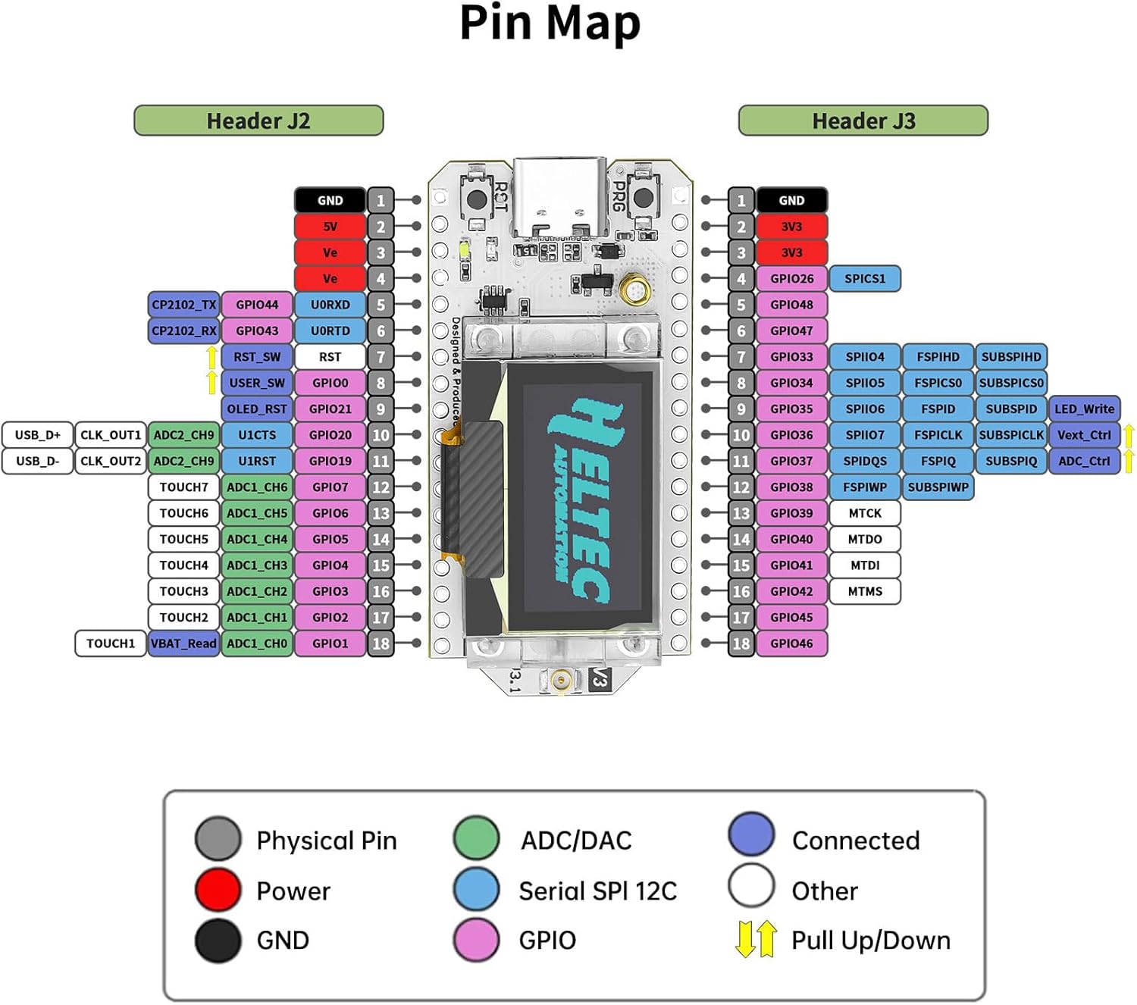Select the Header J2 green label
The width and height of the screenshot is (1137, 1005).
(x=258, y=121)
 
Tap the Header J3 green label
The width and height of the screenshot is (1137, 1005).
(x=863, y=121)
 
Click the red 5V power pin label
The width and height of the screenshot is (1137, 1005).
(x=330, y=227)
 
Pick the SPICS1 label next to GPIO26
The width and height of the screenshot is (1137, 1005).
(x=865, y=279)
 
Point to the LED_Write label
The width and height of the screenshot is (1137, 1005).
(x=1084, y=409)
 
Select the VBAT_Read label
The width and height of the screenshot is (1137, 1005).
(x=183, y=643)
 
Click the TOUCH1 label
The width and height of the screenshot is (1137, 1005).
(x=111, y=643)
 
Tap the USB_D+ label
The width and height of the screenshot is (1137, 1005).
(x=38, y=435)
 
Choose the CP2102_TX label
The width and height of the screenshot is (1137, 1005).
(x=183, y=305)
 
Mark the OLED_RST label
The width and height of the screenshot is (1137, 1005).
(x=257, y=409)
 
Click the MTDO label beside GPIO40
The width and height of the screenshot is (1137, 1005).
(x=865, y=539)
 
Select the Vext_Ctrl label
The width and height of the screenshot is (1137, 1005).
(x=1084, y=435)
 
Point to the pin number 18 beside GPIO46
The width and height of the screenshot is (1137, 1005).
(x=741, y=643)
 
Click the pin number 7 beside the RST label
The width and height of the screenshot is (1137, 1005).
(x=381, y=357)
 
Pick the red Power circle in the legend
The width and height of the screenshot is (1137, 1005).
(x=218, y=891)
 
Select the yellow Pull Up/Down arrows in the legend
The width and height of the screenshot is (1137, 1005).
(x=756, y=939)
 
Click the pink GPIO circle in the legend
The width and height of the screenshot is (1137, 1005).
(x=476, y=940)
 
